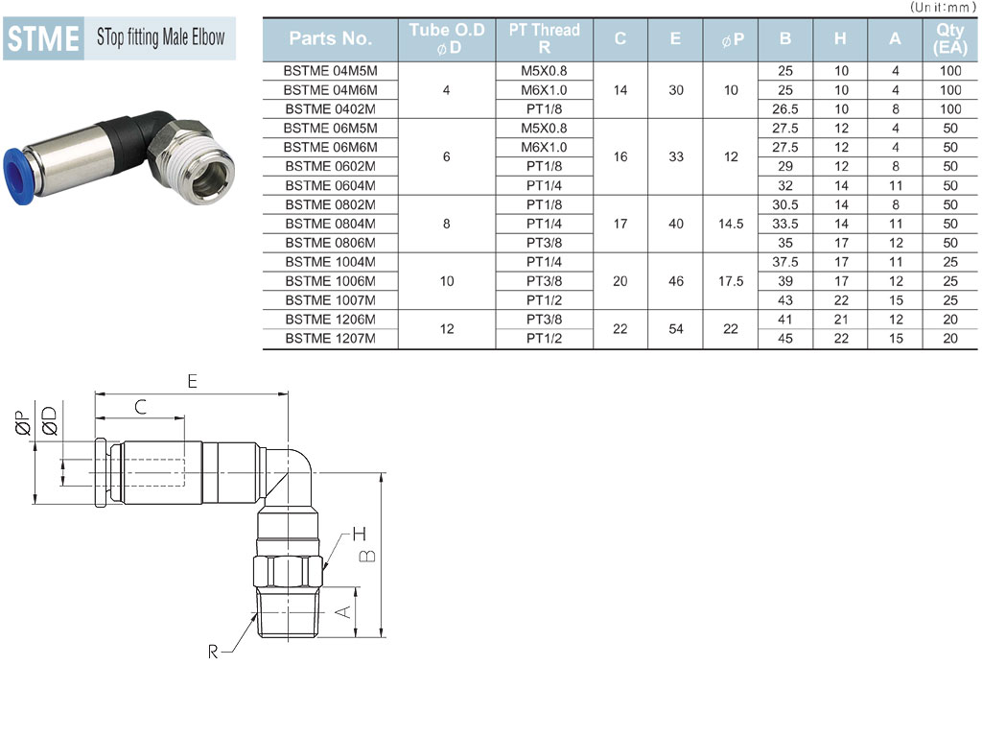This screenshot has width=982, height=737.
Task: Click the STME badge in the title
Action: [43, 38]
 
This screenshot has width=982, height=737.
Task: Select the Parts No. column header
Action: [330, 38]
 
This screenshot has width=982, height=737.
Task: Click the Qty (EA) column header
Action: [950, 38]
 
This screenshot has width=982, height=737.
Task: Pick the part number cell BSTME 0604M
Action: [330, 185]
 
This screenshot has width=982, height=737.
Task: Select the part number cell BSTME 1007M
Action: [330, 300]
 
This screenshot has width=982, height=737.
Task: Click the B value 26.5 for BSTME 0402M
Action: [784, 109]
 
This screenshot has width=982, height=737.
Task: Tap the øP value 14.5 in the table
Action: [731, 224]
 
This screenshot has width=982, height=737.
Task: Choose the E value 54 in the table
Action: [676, 329]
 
